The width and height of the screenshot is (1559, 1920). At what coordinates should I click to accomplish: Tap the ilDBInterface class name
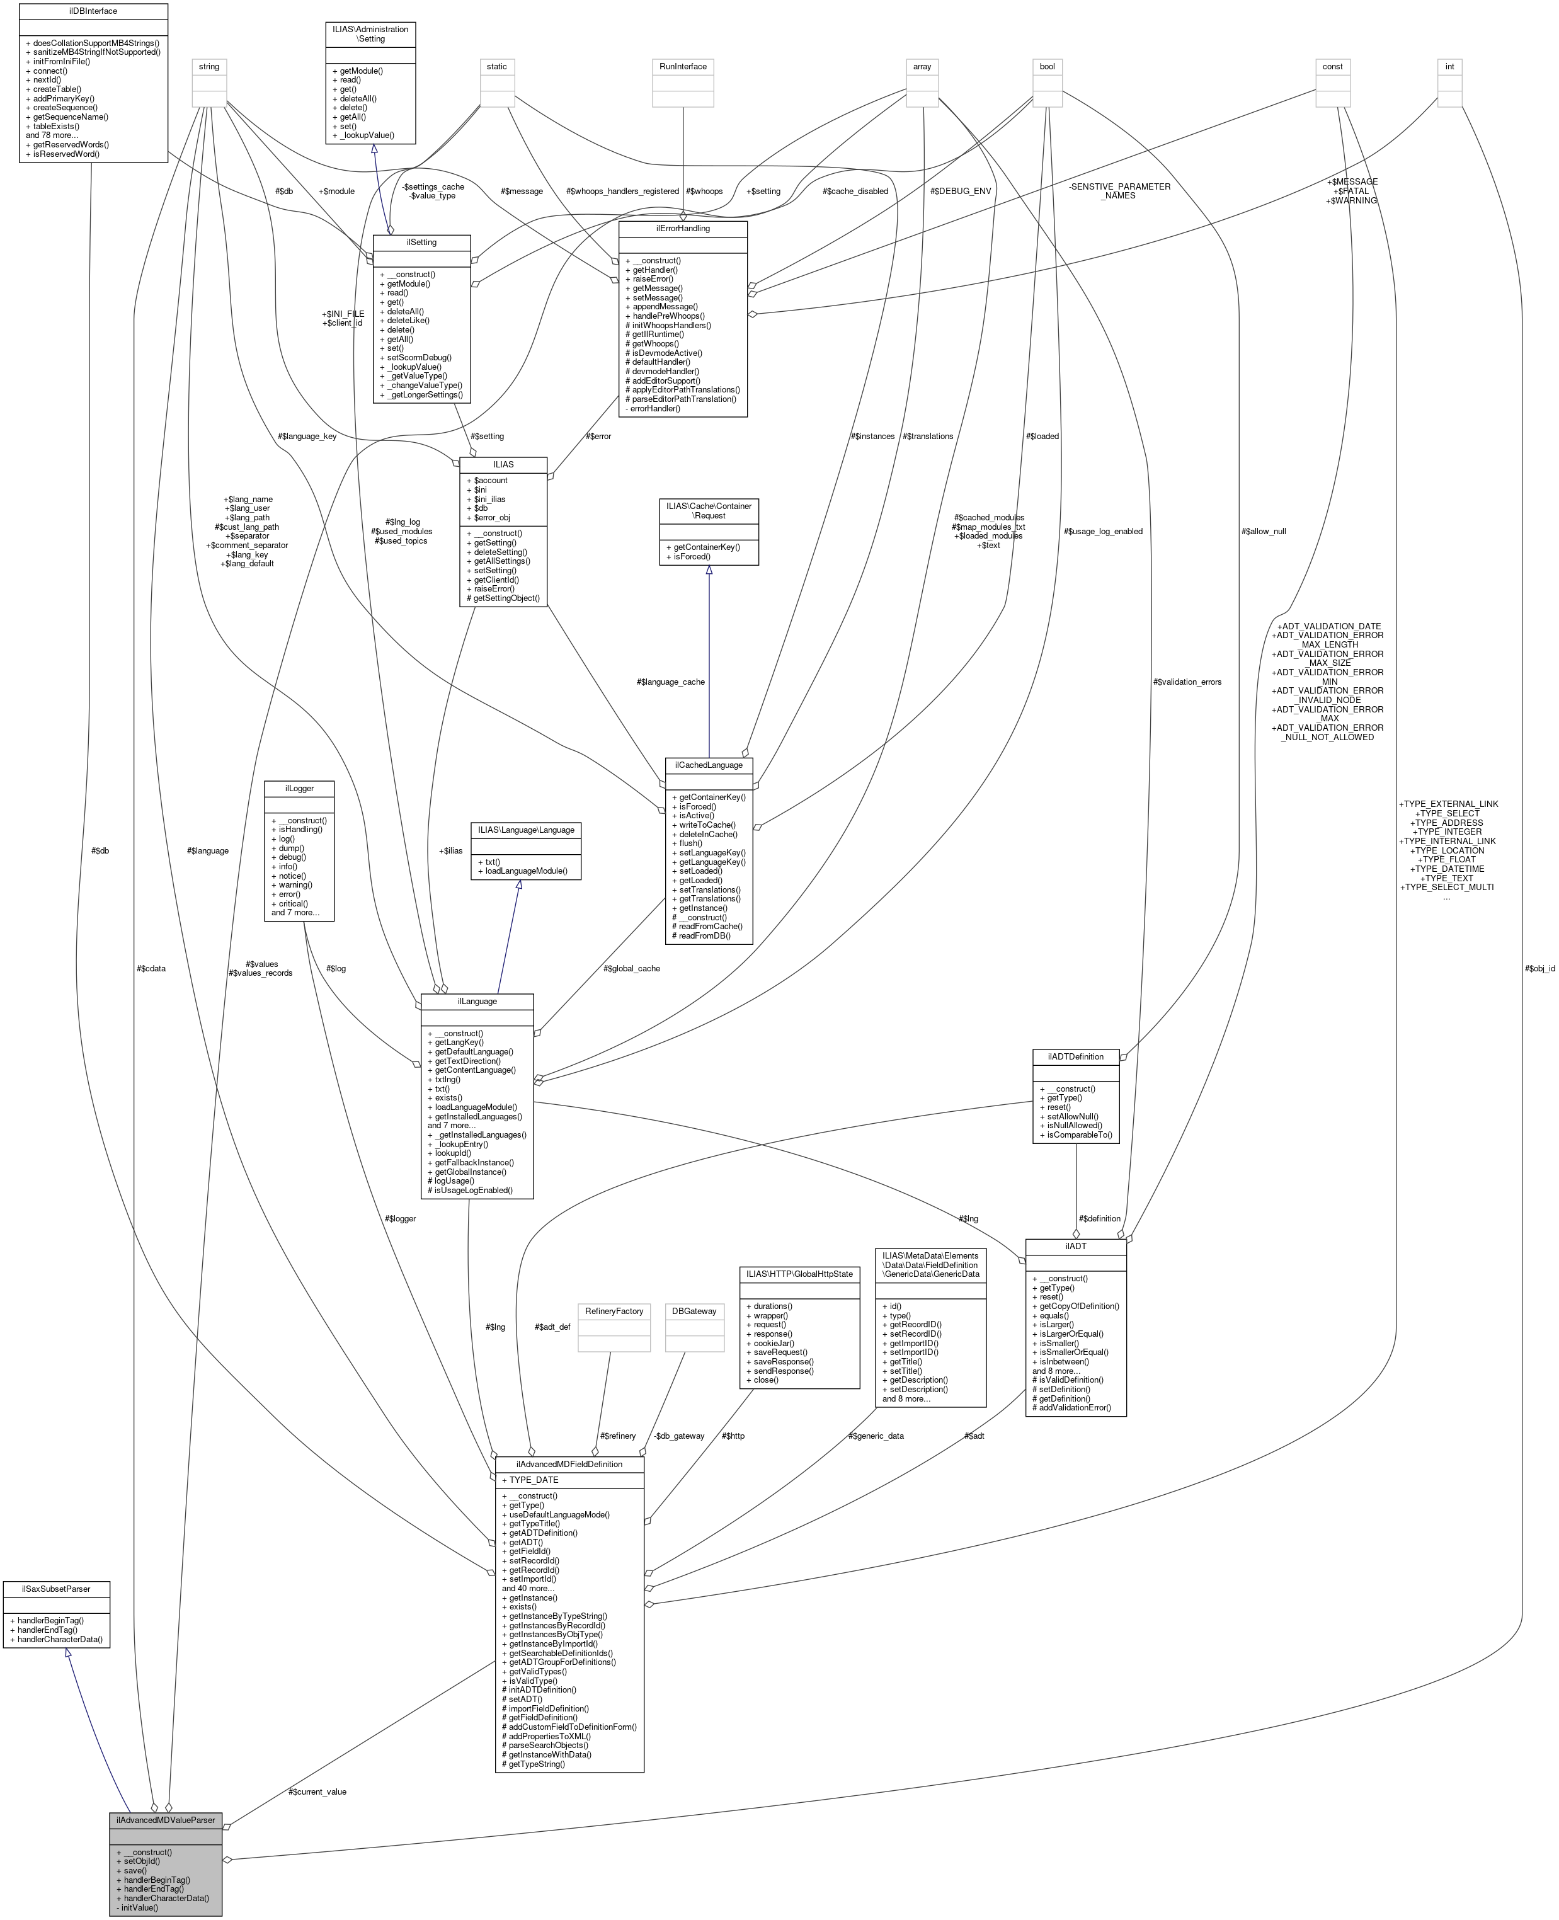tap(93, 11)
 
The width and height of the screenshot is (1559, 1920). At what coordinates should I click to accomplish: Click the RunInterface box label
tap(683, 66)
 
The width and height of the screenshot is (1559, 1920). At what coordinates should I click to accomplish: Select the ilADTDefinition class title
tap(1075, 1056)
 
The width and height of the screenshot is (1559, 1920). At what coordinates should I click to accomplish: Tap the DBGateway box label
tap(694, 1311)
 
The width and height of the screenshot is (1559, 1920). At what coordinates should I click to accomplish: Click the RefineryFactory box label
tap(614, 1311)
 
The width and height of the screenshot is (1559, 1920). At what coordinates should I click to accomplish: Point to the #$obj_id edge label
tap(1539, 969)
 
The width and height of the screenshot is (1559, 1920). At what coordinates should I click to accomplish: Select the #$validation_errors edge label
tap(1186, 682)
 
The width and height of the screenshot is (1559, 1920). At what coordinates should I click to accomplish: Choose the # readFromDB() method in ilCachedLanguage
tap(701, 936)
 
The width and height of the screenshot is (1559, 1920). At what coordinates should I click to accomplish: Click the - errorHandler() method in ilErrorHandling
tap(653, 408)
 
